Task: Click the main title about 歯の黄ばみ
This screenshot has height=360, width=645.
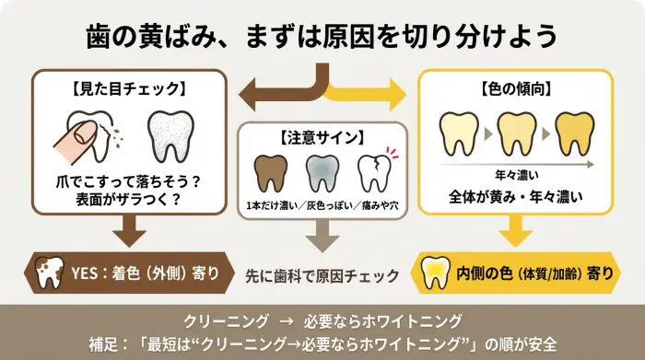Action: click(x=322, y=37)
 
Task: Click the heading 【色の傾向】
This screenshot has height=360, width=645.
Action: click(x=516, y=89)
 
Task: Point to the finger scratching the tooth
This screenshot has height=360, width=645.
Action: click(x=77, y=137)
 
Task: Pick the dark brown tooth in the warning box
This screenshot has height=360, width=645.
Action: click(x=269, y=174)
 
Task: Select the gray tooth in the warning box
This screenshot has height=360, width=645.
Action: click(x=322, y=174)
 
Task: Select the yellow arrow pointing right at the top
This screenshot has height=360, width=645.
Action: click(x=369, y=93)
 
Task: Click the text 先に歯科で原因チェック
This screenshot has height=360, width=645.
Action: click(x=322, y=274)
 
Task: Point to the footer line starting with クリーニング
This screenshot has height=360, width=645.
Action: click(x=322, y=320)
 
